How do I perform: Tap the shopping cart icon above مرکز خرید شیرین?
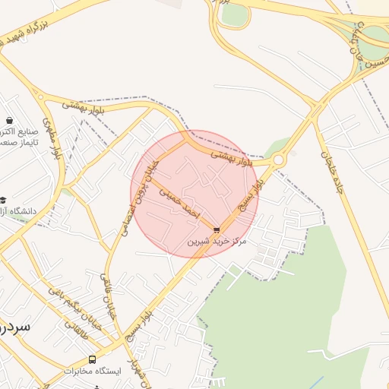click(217, 229)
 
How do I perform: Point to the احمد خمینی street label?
click(180, 204)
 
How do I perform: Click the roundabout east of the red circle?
click(278, 160)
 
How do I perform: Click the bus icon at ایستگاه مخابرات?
click(93, 359)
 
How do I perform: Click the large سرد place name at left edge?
click(14, 326)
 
